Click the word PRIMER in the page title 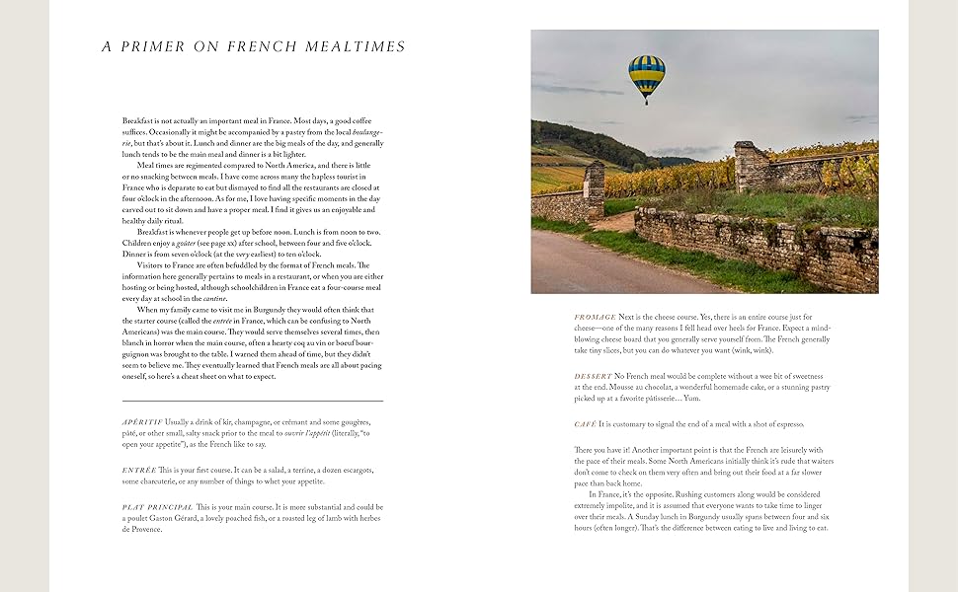162,46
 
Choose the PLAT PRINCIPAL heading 158,506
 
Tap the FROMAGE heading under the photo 595,317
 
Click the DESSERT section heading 594,376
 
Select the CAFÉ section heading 586,424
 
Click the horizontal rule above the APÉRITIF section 253,401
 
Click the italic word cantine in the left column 216,298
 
